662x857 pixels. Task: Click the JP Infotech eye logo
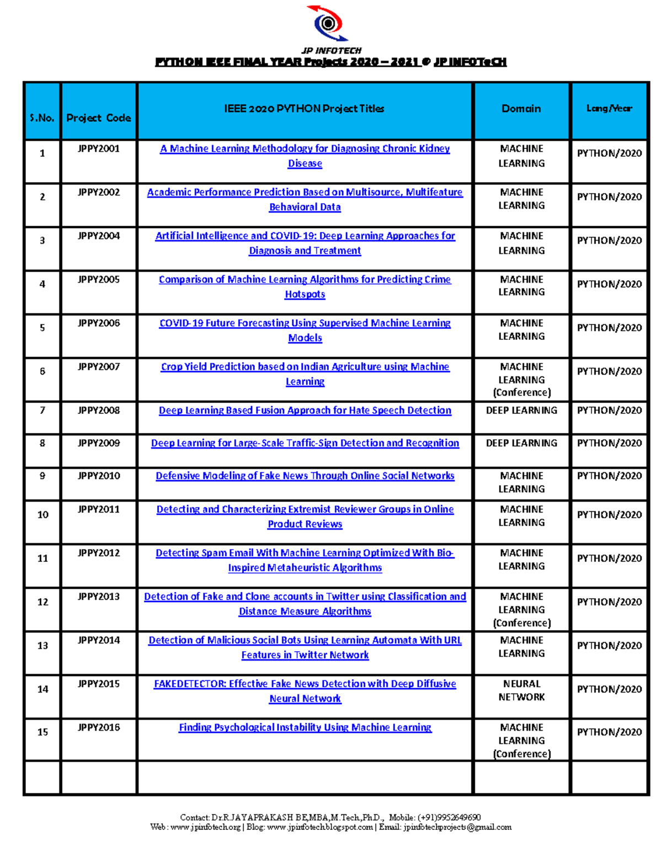pyautogui.click(x=329, y=23)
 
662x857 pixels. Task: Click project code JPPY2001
pyautogui.click(x=99, y=148)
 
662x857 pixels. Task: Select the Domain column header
pyautogui.click(x=521, y=109)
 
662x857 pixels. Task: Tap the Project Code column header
pyautogui.click(x=99, y=118)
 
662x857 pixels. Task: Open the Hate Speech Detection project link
pyautogui.click(x=305, y=411)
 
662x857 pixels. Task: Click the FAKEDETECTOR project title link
pyautogui.click(x=305, y=684)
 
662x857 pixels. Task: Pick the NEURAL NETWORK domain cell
pyautogui.click(x=521, y=690)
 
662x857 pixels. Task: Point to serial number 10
pyautogui.click(x=42, y=514)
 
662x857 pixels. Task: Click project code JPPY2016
pyautogui.click(x=99, y=727)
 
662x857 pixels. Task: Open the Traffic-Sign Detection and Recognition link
pyautogui.click(x=305, y=443)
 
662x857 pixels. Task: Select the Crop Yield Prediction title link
pyautogui.click(x=305, y=367)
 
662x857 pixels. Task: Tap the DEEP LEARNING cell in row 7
pyautogui.click(x=521, y=411)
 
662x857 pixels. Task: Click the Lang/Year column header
pyautogui.click(x=609, y=109)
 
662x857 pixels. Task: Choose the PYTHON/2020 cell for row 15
pyautogui.click(x=609, y=732)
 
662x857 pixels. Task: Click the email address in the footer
pyautogui.click(x=457, y=827)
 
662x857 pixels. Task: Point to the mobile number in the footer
pyautogui.click(x=449, y=817)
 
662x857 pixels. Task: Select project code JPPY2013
pyautogui.click(x=99, y=597)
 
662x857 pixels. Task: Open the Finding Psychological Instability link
pyautogui.click(x=305, y=728)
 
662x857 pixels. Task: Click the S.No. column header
pyautogui.click(x=42, y=118)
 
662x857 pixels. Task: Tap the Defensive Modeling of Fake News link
pyautogui.click(x=305, y=476)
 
